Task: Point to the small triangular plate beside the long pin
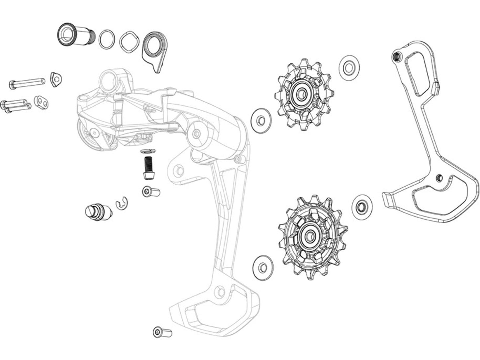tap(56, 79)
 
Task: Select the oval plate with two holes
tap(42, 102)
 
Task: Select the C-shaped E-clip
tap(123, 204)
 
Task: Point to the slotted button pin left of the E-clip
tap(97, 212)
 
